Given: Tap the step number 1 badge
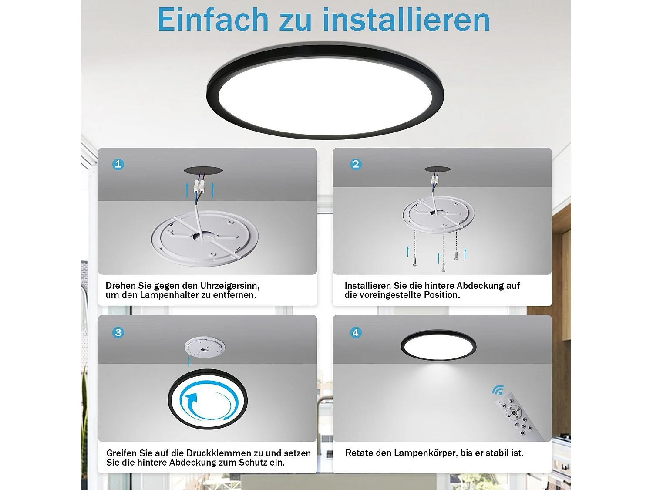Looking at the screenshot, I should pos(118,164).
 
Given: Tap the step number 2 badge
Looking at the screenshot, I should pos(356,164).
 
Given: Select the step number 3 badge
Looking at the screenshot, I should pos(118,333).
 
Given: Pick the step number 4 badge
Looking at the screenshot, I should pos(356,333).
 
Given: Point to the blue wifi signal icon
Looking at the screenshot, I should pos(498,390).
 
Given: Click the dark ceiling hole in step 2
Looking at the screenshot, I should pos(437,169).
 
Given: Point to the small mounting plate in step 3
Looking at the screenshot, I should pos(205,348).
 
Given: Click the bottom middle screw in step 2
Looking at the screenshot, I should pos(443,267).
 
